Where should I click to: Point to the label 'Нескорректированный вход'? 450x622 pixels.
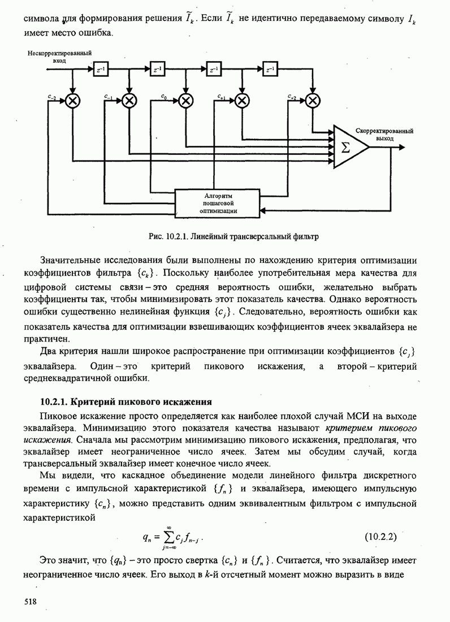(x=59, y=55)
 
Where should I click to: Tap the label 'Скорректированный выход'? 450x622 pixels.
(x=384, y=134)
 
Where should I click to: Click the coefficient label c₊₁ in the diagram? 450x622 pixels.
(x=222, y=97)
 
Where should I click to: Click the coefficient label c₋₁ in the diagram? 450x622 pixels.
(x=109, y=97)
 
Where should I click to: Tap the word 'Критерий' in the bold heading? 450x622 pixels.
(x=92, y=402)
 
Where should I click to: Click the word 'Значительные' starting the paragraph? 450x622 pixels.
(x=69, y=261)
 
